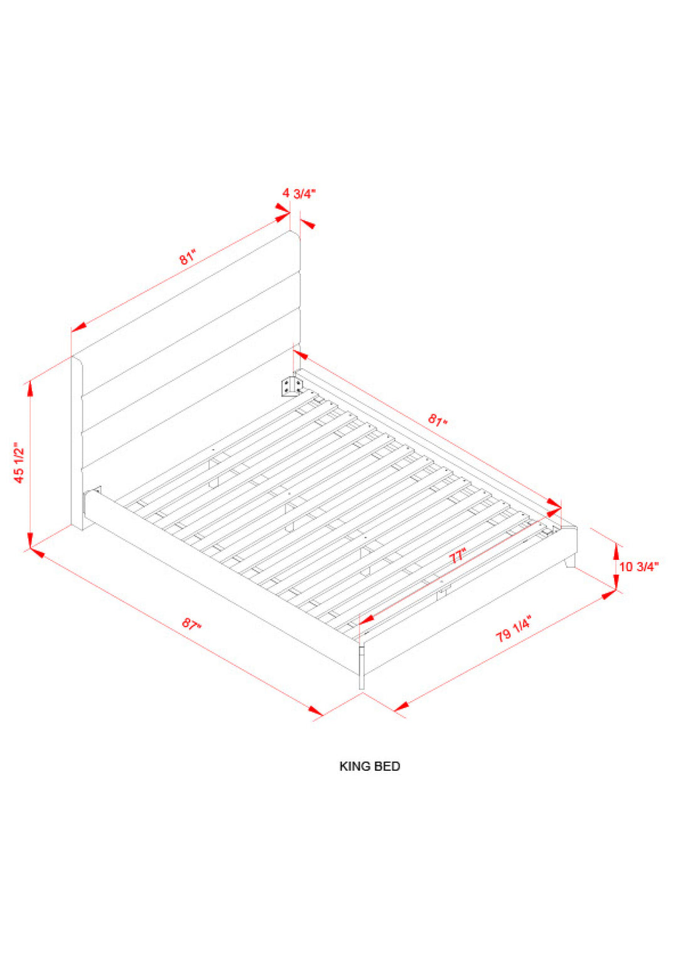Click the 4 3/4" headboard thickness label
click(x=299, y=194)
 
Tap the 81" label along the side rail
click(x=438, y=420)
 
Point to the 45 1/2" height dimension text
click(x=19, y=463)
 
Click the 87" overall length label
click(x=191, y=624)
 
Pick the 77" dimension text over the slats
click(x=457, y=556)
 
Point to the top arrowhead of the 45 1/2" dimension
click(x=30, y=388)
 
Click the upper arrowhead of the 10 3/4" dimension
click(x=616, y=551)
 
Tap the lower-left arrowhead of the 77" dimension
click(x=366, y=619)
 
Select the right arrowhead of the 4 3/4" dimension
click(x=308, y=223)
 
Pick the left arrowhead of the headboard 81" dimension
click(x=79, y=327)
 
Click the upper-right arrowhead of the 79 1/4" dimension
click(x=608, y=595)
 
